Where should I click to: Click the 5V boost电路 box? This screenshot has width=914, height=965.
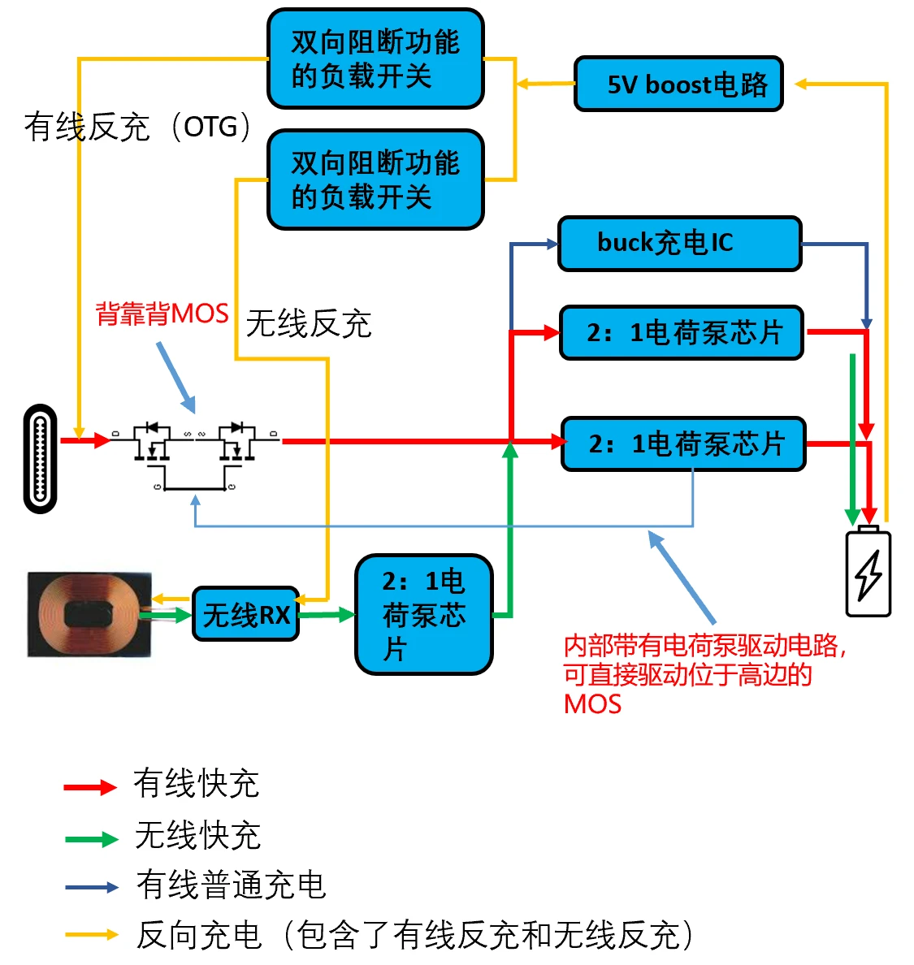678,84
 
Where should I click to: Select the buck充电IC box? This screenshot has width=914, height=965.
679,243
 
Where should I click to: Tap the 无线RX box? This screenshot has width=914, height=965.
246,614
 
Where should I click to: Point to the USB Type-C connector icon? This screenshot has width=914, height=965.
41,458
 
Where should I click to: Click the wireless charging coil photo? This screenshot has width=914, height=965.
89,614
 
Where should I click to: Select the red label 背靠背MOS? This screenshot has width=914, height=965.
162,314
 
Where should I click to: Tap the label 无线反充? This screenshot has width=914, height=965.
308,323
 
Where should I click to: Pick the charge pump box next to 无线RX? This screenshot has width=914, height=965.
423,614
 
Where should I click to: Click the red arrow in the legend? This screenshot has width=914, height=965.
90,787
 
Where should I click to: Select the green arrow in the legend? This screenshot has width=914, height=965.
91,838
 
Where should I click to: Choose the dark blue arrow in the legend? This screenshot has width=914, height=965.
91,887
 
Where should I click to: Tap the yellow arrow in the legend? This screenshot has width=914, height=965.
91,935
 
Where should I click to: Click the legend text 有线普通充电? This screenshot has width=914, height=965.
231,885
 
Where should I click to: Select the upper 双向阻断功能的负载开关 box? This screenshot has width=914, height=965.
375,58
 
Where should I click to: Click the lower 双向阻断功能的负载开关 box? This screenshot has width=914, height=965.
375,180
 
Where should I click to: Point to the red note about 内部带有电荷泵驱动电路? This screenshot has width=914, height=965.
704,673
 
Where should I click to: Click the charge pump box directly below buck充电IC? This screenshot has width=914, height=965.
681,332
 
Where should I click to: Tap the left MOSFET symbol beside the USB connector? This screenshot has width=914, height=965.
151,442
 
